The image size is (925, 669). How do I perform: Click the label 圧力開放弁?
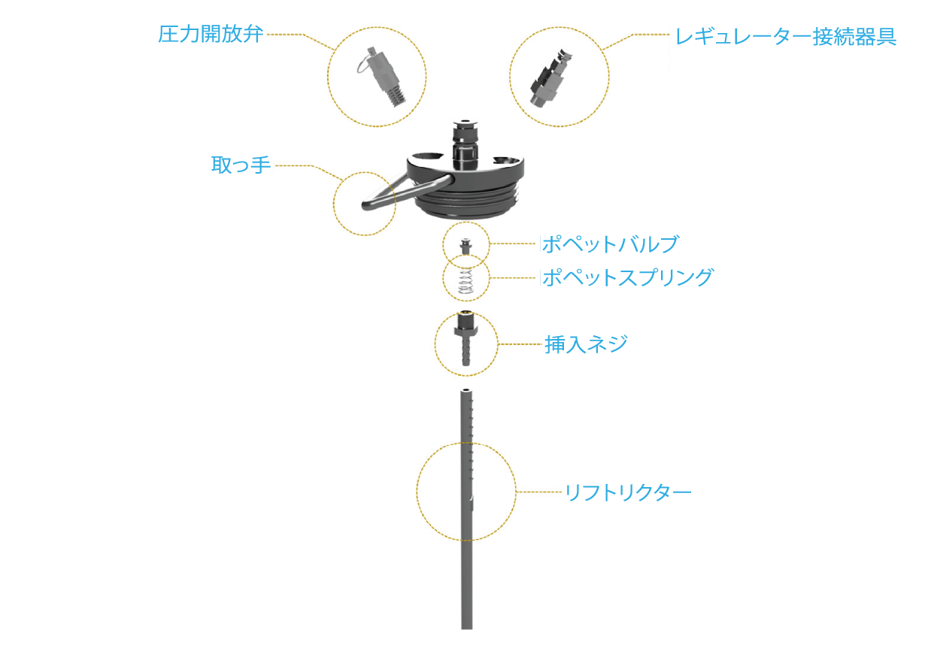(x=211, y=35)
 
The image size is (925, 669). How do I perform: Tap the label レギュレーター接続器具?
(x=785, y=37)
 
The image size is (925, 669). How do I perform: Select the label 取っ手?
(x=241, y=165)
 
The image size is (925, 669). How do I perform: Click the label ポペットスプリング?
(x=628, y=277)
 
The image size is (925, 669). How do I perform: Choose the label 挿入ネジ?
(x=586, y=344)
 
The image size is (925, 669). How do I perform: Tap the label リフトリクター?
(x=628, y=492)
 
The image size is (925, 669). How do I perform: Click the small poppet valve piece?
(x=466, y=247)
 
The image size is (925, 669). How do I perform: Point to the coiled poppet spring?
(x=466, y=281)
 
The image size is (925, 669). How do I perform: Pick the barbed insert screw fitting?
(x=466, y=338)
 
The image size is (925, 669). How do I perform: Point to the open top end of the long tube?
(x=466, y=390)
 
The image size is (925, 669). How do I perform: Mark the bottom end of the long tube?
(x=466, y=628)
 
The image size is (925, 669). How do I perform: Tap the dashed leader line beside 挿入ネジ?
(x=520, y=344)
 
